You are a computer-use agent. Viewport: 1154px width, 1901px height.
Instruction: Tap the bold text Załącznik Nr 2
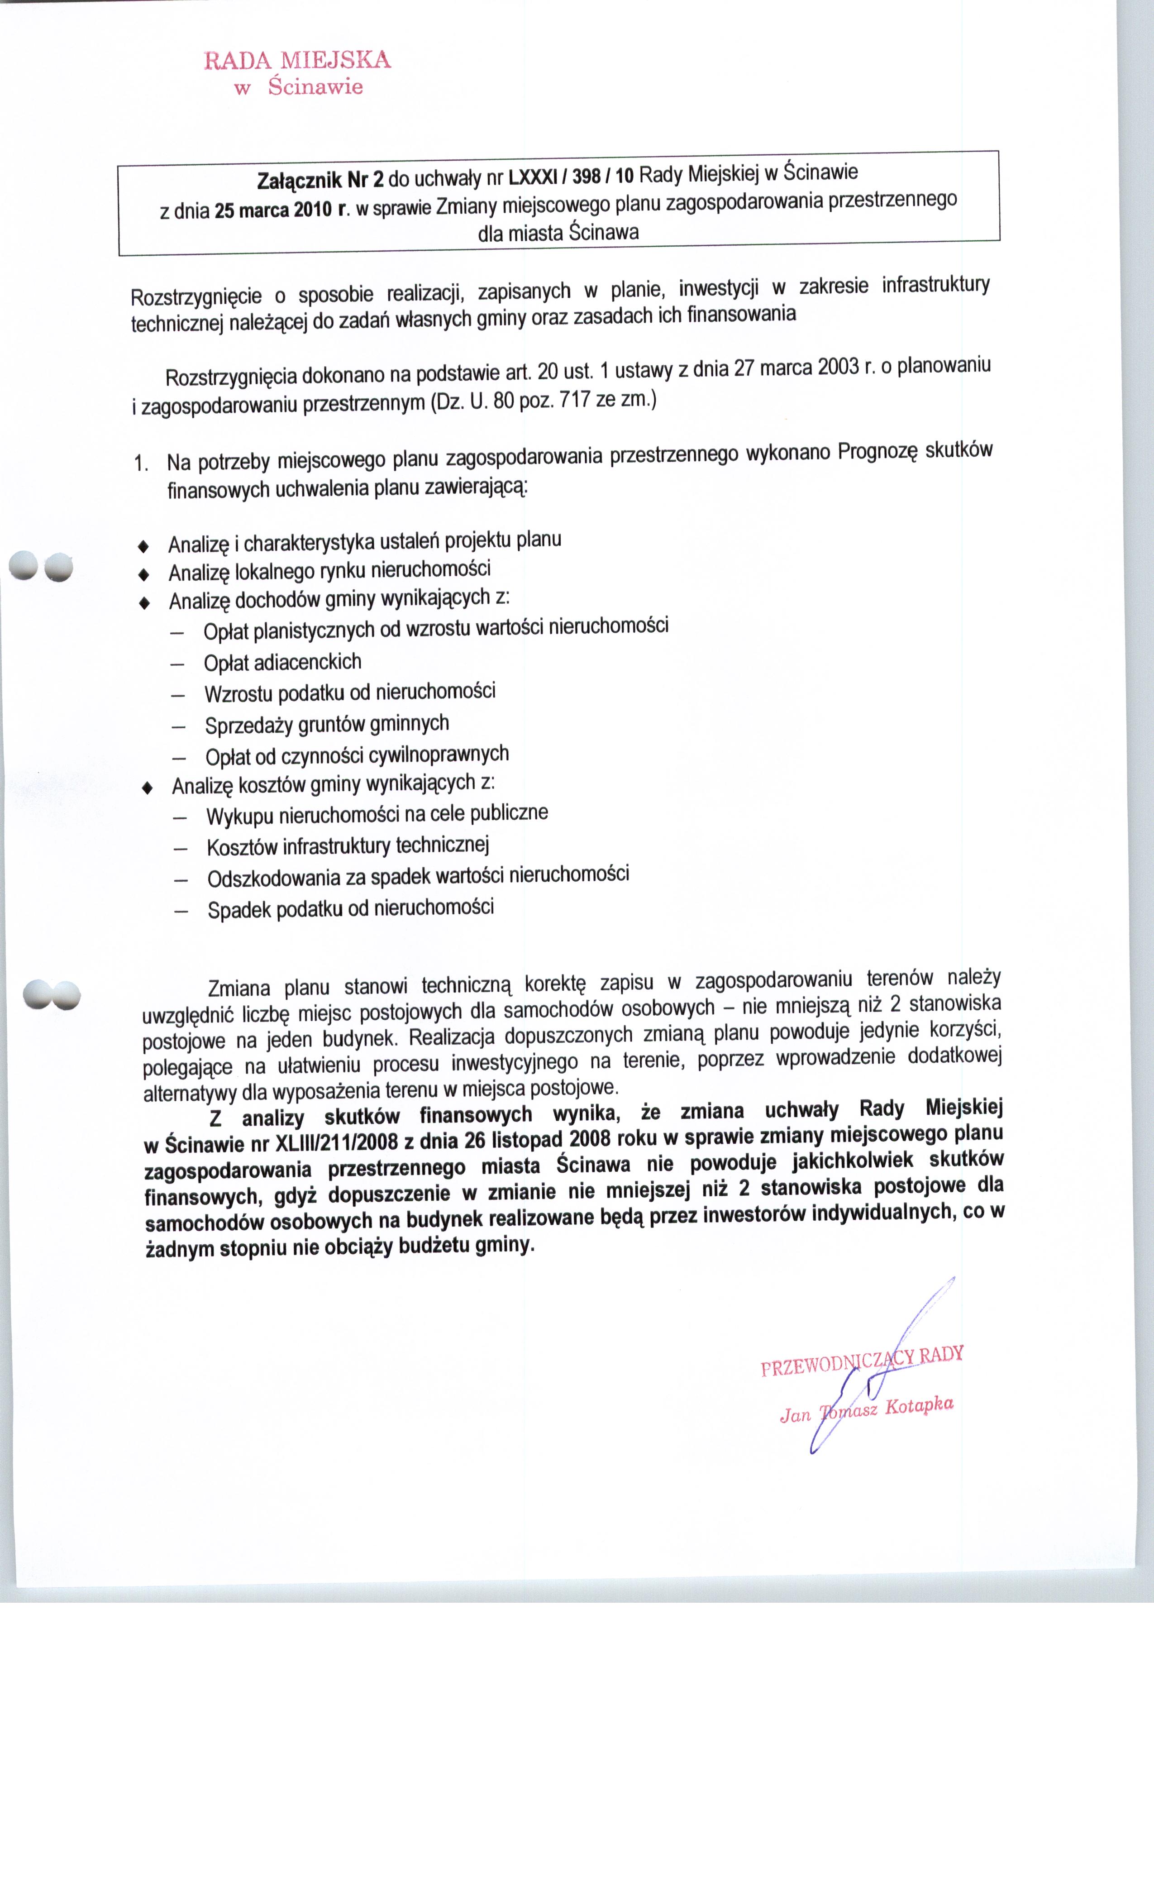[x=320, y=181]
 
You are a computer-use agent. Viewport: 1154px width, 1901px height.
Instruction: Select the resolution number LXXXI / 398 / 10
[x=571, y=177]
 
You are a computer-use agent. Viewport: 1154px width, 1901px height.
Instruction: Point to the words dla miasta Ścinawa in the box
[x=558, y=232]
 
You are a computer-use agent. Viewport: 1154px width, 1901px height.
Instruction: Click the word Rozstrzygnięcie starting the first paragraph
[x=196, y=297]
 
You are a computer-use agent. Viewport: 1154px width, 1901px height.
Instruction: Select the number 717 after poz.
[x=575, y=400]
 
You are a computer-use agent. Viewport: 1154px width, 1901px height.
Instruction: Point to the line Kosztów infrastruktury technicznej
[x=348, y=846]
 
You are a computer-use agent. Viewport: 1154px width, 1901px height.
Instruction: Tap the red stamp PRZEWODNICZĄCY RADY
[x=862, y=1362]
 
